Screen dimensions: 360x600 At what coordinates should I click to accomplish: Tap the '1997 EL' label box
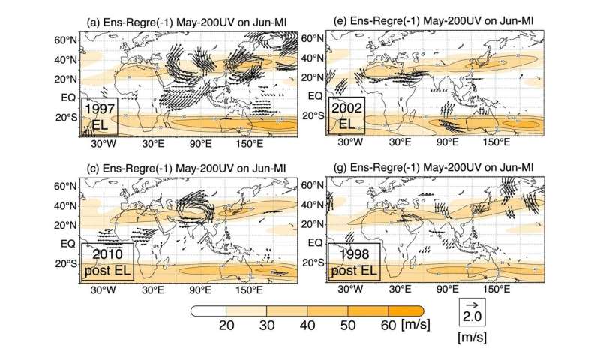click(x=99, y=117)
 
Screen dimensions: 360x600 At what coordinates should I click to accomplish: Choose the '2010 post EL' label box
click(x=109, y=262)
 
